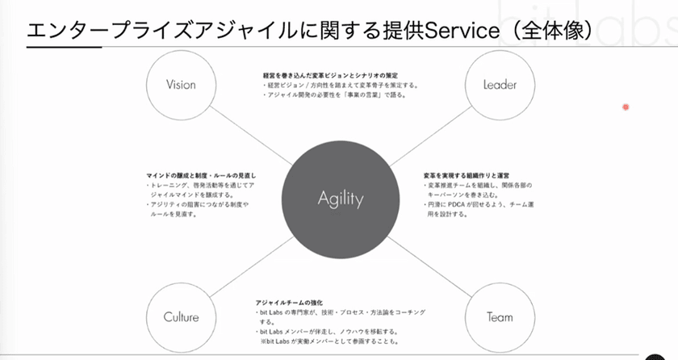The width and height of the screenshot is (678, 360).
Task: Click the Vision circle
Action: coord(181,85)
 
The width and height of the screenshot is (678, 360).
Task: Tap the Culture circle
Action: coord(181,316)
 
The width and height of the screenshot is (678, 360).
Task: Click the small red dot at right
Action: coord(626,107)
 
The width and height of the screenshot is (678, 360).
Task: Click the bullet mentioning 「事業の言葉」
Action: coord(335,94)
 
